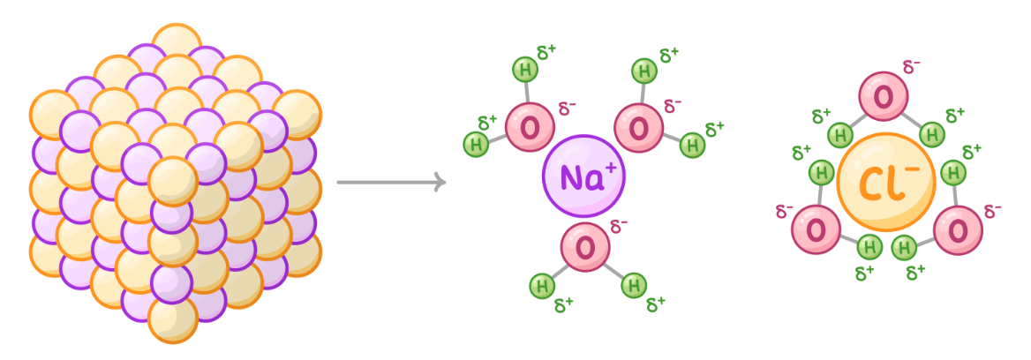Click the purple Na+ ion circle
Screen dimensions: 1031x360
click(583, 176)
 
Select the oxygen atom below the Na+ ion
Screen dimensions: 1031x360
click(585, 247)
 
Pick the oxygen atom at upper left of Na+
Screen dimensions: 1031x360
click(530, 128)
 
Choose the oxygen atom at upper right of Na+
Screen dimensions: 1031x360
click(638, 128)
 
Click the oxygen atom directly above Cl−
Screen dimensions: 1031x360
click(884, 98)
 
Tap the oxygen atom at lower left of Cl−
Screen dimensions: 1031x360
click(817, 230)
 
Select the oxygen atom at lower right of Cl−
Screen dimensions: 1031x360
click(958, 230)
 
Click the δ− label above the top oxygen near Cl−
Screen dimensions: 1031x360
click(912, 67)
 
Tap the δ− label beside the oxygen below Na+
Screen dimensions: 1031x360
click(619, 226)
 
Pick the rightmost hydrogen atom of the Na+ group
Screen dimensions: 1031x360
click(693, 144)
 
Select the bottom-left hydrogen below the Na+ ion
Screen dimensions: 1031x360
click(542, 285)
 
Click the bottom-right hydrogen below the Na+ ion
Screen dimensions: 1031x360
click(633, 285)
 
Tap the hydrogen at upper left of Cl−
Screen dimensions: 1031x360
click(840, 135)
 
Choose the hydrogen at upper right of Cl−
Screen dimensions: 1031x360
click(931, 134)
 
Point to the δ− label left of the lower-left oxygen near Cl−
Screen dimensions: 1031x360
click(784, 212)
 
